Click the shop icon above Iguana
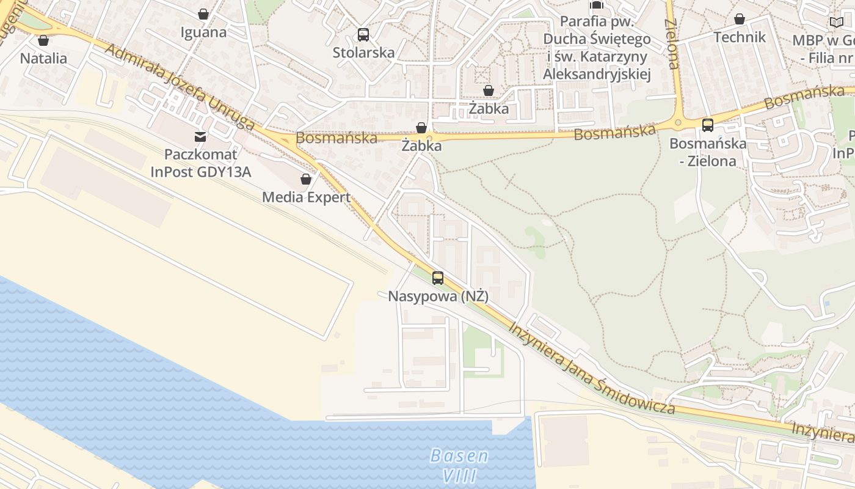click(203, 14)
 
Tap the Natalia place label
click(43, 59)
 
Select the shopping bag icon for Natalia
click(43, 41)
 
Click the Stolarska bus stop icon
click(363, 34)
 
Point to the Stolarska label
click(363, 53)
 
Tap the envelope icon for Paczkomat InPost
click(200, 137)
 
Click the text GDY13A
click(224, 172)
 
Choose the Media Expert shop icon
click(306, 179)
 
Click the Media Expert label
click(306, 197)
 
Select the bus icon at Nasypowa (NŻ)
click(438, 278)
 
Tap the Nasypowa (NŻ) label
click(438, 296)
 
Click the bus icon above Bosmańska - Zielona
click(708, 125)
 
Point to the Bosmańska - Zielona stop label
click(708, 152)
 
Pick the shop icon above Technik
click(740, 19)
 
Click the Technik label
click(740, 37)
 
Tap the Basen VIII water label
click(459, 465)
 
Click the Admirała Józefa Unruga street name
click(180, 85)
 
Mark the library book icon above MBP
click(836, 23)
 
